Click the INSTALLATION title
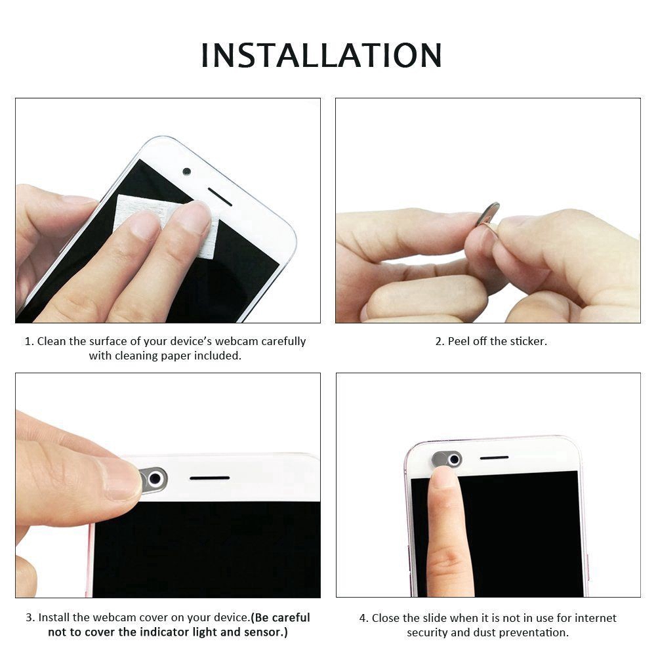(x=321, y=55)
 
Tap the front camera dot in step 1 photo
(x=186, y=171)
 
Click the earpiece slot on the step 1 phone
(x=220, y=197)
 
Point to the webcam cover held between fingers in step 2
(x=489, y=215)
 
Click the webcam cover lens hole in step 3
(x=154, y=478)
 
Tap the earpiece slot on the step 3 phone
(x=210, y=478)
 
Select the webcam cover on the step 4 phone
(x=447, y=460)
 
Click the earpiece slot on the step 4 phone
(x=494, y=458)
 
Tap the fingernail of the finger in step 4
(x=444, y=476)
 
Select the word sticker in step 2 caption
(x=528, y=341)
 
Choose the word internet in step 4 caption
(x=596, y=618)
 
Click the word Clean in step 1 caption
(x=51, y=341)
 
